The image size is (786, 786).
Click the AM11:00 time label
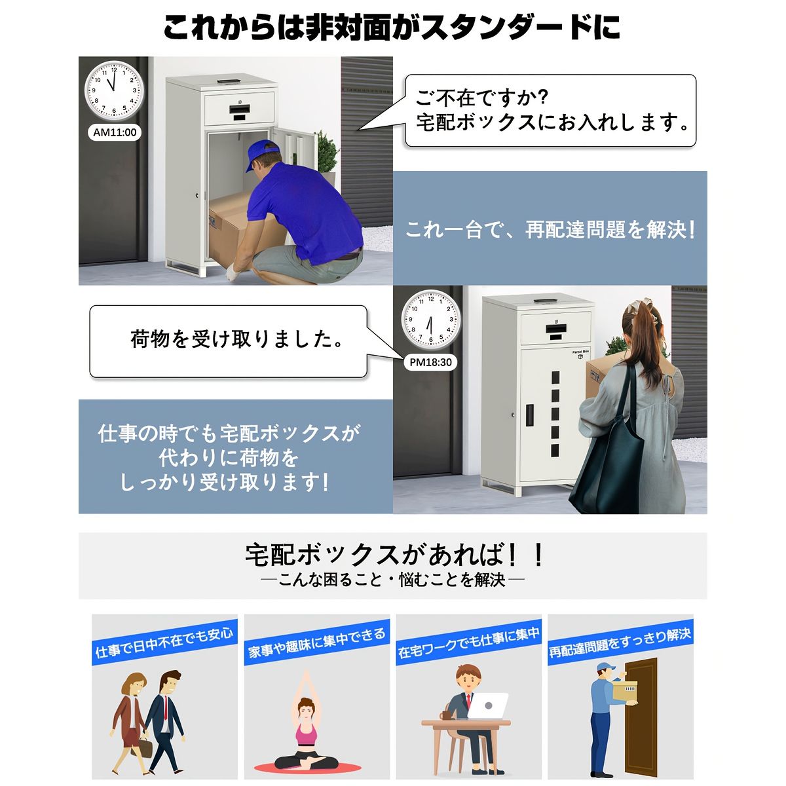[115, 132]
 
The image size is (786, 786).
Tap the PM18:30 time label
[430, 362]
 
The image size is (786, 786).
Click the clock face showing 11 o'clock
[114, 90]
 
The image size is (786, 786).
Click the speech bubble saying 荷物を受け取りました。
[228, 341]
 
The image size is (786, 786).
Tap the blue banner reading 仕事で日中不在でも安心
[164, 643]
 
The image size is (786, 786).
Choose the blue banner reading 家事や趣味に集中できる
[317, 643]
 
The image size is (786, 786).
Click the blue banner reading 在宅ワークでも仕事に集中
[468, 643]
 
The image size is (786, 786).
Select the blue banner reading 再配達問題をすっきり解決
[620, 643]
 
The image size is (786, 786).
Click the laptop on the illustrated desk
[489, 706]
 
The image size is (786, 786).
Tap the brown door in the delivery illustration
[641, 717]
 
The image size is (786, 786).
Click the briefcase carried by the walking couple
[145, 747]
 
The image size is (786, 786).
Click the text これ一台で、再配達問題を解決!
[550, 231]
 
